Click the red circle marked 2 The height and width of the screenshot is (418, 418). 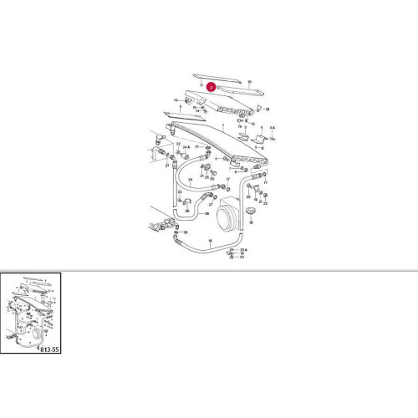pyautogui.click(x=211, y=84)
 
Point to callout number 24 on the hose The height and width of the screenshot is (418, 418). pyautogui.click(x=191, y=179)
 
